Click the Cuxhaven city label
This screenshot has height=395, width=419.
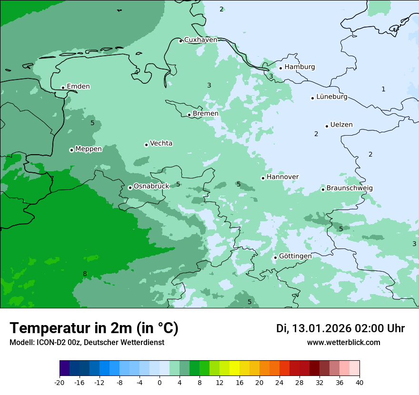pos(200,40)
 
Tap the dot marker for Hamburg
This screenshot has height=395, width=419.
pos(281,68)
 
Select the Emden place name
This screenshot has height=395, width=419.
pos(78,87)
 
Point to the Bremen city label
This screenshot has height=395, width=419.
pos(206,114)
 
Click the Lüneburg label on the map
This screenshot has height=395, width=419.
pos(332,97)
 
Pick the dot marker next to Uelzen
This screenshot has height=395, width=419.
pos(327,126)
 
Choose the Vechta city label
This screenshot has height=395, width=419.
pos(161,143)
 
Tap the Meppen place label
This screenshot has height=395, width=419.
pos(89,149)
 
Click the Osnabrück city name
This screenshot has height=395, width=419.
pos(151,187)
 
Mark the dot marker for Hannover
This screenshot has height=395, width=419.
pos(263,178)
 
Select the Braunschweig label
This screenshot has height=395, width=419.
pos(349,188)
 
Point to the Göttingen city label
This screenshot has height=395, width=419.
pos(295,257)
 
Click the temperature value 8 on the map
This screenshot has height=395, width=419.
pos(85,274)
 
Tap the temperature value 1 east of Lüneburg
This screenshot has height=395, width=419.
pos(383,89)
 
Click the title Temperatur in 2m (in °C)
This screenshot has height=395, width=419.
pos(94,328)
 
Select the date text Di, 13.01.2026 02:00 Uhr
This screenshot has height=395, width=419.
pos(340,328)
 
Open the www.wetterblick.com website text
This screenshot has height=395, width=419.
pos(343,343)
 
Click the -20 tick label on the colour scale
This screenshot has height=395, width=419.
pos(60,383)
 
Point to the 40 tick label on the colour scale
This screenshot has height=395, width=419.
pos(359,383)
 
